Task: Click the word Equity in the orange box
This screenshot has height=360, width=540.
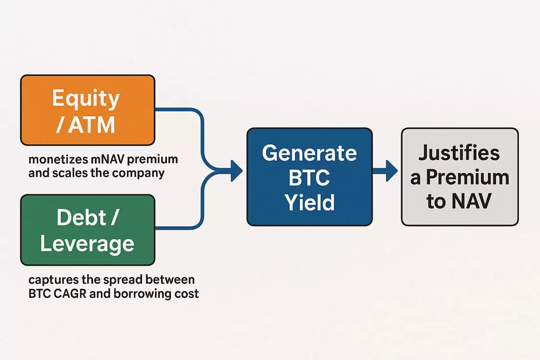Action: (86, 99)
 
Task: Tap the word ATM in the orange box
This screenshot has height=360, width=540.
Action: (91, 125)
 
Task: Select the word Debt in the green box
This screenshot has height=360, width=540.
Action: (81, 217)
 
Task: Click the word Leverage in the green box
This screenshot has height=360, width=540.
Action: (87, 244)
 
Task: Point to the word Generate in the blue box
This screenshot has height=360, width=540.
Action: (309, 153)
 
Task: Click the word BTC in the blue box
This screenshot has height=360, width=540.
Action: (309, 177)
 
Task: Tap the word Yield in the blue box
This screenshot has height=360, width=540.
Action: (310, 202)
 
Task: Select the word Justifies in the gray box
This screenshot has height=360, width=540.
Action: (459, 153)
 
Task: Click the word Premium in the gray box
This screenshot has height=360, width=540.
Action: (468, 177)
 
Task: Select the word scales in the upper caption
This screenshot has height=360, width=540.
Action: (70, 173)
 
